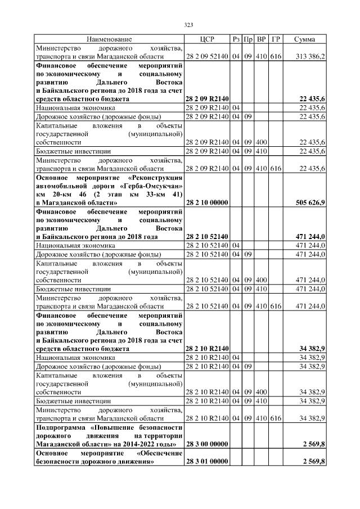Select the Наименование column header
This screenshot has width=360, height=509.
point(109,39)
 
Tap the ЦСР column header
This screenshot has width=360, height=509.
point(207,39)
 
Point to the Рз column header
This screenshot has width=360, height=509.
point(236,39)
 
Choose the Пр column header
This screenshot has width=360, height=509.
point(248,39)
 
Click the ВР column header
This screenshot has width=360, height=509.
point(262,39)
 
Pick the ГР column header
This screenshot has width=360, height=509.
point(276,39)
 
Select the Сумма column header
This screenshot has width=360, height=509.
point(304,39)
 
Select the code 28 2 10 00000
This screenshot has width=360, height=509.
point(206,201)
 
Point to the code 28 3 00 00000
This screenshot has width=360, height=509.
point(206,444)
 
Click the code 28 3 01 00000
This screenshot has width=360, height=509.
point(206,461)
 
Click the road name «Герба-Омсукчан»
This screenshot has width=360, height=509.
point(151,184)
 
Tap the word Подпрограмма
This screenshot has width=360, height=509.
point(60,427)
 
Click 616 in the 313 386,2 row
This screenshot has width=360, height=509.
point(276,57)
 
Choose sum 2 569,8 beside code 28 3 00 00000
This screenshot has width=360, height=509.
point(313,444)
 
